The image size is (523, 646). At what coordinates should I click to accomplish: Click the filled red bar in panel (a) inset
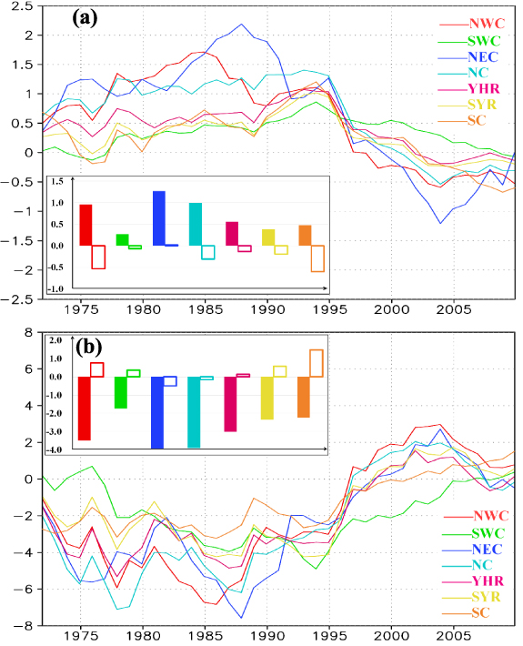click(85, 225)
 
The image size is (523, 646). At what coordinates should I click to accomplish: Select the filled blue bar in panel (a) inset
click(158, 218)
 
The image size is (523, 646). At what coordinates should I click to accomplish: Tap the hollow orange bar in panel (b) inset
click(317, 363)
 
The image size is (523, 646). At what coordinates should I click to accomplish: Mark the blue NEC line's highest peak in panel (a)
click(241, 25)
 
